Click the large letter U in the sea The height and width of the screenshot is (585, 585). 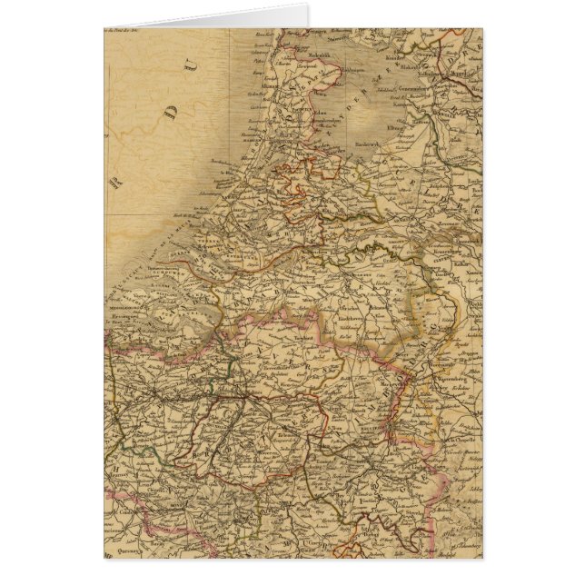click(x=191, y=63)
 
